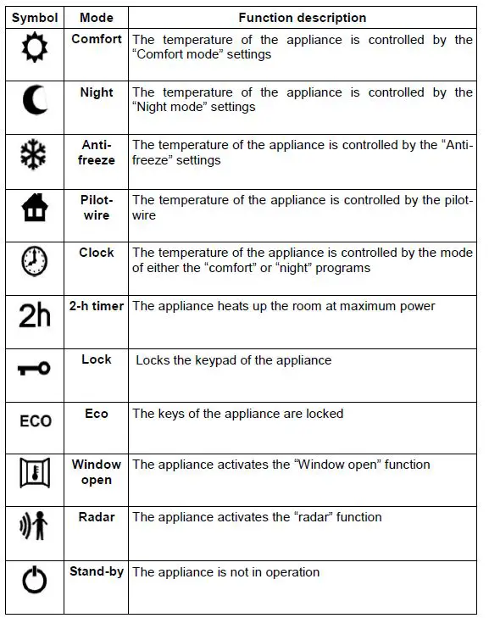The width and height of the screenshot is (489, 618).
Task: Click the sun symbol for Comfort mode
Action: [x=36, y=49]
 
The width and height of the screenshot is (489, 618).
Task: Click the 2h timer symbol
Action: [x=35, y=315]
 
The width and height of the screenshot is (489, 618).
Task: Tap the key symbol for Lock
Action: [x=35, y=369]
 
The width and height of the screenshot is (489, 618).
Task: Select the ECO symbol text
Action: [x=36, y=421]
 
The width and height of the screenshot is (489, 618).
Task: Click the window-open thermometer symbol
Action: [x=36, y=473]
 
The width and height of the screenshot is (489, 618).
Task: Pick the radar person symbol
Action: [x=35, y=526]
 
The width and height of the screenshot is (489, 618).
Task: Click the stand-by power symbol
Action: [x=36, y=582]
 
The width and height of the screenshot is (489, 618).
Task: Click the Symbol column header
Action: [x=35, y=18]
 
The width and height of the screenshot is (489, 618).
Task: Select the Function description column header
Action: [x=303, y=18]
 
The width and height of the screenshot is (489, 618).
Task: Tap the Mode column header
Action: [x=97, y=18]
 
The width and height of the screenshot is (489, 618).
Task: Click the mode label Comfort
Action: [x=97, y=39]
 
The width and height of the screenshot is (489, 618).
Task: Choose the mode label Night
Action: [x=97, y=92]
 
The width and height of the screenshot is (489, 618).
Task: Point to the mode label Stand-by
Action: [x=97, y=571]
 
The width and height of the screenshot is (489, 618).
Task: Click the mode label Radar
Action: [x=97, y=517]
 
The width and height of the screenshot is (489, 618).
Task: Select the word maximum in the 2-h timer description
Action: [x=374, y=306]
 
